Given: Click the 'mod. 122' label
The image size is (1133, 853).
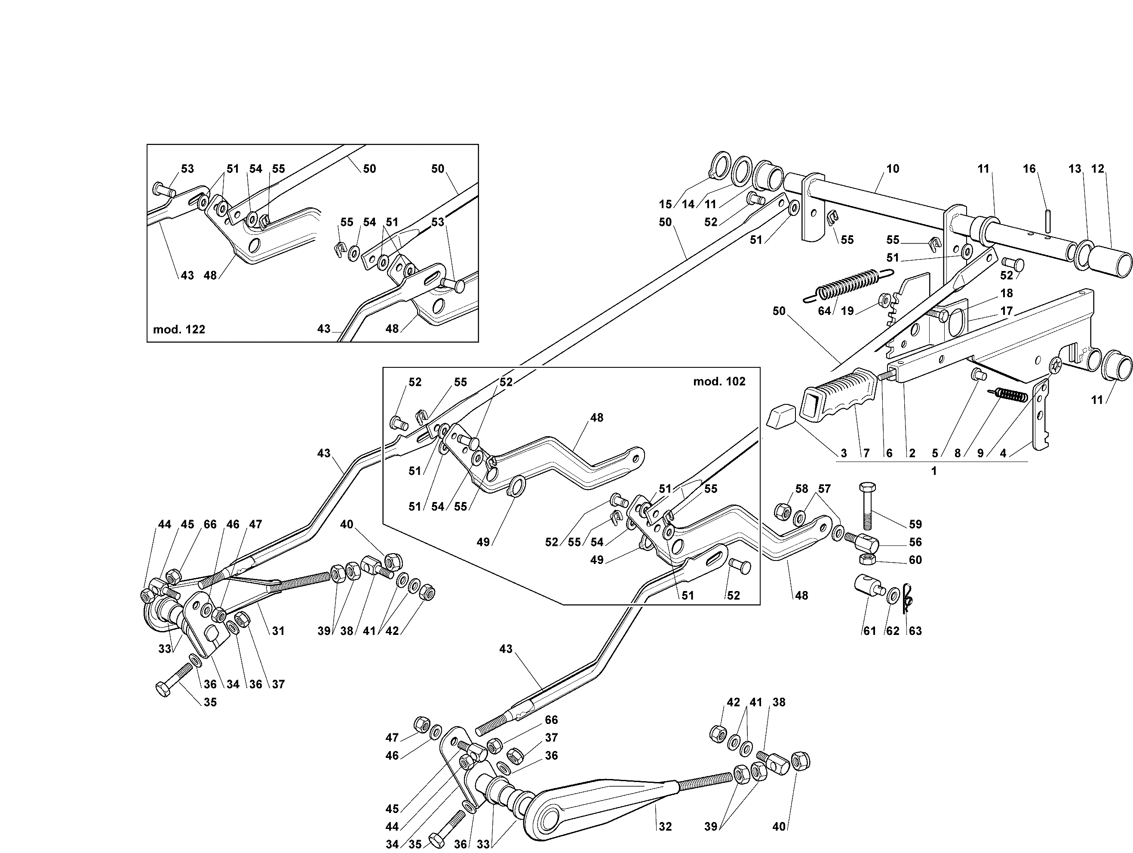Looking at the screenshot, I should [x=179, y=329].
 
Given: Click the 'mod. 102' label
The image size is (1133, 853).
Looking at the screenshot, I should [x=719, y=382].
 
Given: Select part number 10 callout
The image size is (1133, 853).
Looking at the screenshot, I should [x=893, y=169].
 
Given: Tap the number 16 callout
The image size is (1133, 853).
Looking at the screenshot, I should [x=1029, y=169].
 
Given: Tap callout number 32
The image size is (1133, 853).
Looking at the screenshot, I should [x=665, y=826].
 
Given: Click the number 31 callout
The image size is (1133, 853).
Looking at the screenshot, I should [x=278, y=631].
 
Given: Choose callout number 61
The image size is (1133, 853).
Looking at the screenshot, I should [x=870, y=631].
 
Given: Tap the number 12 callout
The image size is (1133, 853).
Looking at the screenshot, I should [x=1098, y=169].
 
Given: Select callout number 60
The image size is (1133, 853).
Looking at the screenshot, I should [x=915, y=560].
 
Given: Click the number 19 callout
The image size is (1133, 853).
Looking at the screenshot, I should [x=847, y=311].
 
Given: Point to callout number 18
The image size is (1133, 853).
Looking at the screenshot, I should [x=1007, y=293].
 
